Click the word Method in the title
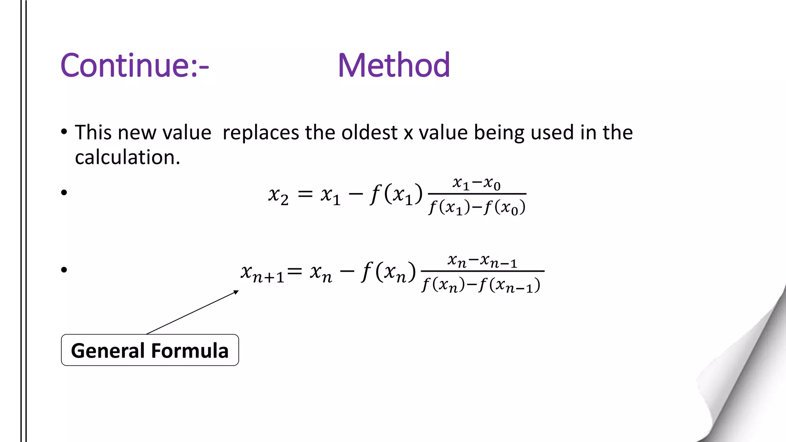(394, 65)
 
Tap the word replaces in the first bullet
(261, 133)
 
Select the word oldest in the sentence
(369, 133)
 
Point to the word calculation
(127, 157)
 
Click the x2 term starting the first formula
(278, 195)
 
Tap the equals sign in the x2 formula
(305, 194)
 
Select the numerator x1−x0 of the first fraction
(476, 183)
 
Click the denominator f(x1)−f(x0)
(477, 208)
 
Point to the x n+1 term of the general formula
(263, 273)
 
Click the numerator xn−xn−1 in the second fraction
(482, 261)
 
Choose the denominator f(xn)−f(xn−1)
(481, 285)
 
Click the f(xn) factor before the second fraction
(388, 272)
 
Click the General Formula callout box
(150, 350)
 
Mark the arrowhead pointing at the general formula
(236, 292)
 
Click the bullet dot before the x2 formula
(64, 192)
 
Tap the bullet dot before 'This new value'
(64, 132)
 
